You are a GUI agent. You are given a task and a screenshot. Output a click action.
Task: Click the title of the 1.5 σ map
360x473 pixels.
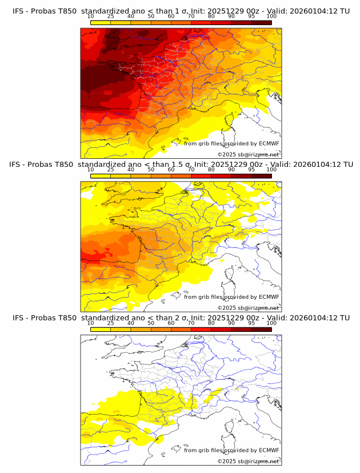click(x=181, y=165)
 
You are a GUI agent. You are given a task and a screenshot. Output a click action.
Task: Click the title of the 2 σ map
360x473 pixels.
click(x=181, y=318)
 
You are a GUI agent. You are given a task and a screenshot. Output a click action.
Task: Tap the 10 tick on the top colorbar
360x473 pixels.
click(x=91, y=17)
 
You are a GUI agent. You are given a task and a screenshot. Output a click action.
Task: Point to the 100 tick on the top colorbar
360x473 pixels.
click(x=271, y=17)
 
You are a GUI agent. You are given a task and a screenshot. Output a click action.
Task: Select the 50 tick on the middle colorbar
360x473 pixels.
click(x=151, y=170)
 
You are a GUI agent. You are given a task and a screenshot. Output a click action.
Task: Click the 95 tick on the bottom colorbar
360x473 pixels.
click(x=251, y=323)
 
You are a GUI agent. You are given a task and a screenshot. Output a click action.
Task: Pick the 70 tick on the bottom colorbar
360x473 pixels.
click(x=191, y=323)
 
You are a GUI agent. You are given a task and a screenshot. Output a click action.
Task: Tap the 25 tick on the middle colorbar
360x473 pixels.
click(x=111, y=170)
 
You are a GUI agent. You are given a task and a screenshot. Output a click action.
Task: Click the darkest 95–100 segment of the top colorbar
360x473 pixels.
click(x=261, y=22)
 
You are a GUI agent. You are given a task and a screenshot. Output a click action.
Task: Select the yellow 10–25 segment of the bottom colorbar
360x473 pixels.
click(x=101, y=329)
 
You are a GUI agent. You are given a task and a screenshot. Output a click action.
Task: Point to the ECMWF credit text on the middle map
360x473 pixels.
click(x=231, y=297)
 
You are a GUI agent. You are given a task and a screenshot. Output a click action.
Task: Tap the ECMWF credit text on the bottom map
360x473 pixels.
click(x=231, y=450)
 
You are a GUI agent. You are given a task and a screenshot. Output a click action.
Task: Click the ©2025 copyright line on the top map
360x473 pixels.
click(x=248, y=154)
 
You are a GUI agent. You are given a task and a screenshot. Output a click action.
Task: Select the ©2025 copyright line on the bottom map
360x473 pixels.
click(x=248, y=461)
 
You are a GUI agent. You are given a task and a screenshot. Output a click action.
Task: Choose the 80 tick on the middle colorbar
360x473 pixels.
click(x=211, y=170)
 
